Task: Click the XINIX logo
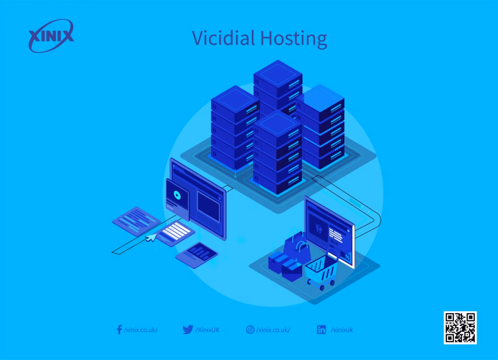pyautogui.click(x=51, y=36)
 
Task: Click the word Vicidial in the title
pyautogui.click(x=223, y=38)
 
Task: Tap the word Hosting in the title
pyautogui.click(x=294, y=38)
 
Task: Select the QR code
pyautogui.click(x=460, y=327)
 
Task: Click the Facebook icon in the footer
pyautogui.click(x=119, y=329)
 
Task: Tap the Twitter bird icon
pyautogui.click(x=188, y=329)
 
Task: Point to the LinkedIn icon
pyautogui.click(x=321, y=329)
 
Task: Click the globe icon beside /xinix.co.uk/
pyautogui.click(x=250, y=329)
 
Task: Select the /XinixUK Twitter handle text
pyautogui.click(x=207, y=330)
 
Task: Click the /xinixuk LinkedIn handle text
pyautogui.click(x=342, y=330)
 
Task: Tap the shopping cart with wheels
pyautogui.click(x=321, y=271)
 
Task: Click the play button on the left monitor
pyautogui.click(x=177, y=195)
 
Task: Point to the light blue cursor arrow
pyautogui.click(x=152, y=237)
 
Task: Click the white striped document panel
pyautogui.click(x=176, y=233)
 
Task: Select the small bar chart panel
pyautogui.click(x=196, y=255)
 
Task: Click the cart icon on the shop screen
pyautogui.click(x=318, y=228)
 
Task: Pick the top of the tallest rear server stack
pyautogui.click(x=278, y=73)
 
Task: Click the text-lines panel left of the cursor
pyautogui.click(x=137, y=220)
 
